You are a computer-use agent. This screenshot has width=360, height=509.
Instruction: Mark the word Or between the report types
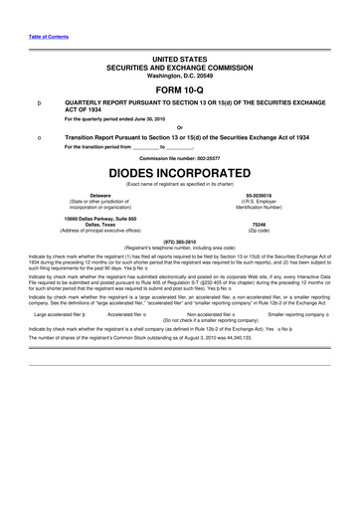pyautogui.click(x=180, y=125)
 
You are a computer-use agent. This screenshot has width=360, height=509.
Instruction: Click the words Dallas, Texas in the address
pyautogui.click(x=100, y=224)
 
